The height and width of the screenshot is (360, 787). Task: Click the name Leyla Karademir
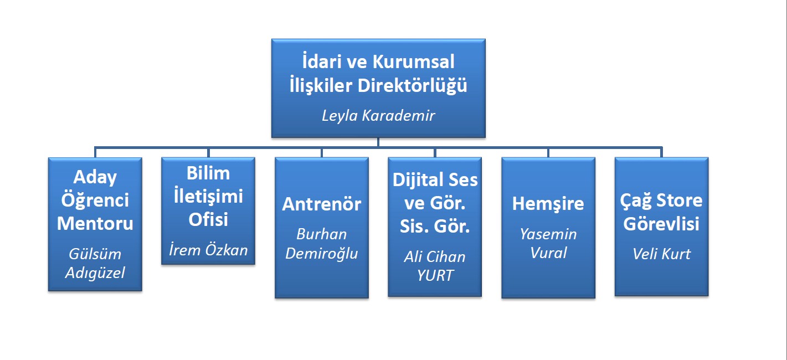[378, 116]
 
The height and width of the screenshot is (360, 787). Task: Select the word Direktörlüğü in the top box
[412, 86]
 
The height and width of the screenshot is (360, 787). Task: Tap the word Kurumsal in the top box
[413, 62]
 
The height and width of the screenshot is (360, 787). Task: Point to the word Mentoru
[95, 223]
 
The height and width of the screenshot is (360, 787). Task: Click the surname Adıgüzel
[95, 273]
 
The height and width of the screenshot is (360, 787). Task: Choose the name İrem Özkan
[208, 250]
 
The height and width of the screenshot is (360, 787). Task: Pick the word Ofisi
[208, 219]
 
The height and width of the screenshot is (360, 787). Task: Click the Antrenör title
[321, 204]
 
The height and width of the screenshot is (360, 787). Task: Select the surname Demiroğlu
[321, 254]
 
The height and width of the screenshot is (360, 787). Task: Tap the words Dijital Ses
[435, 180]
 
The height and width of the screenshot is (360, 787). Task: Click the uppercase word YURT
[435, 276]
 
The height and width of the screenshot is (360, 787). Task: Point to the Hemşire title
[548, 204]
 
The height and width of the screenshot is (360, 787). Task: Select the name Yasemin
[548, 234]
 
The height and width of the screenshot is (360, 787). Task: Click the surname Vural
[548, 253]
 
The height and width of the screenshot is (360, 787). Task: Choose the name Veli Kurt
[661, 254]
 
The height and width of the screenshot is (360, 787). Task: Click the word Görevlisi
[661, 224]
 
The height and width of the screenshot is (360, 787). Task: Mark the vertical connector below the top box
[378, 142]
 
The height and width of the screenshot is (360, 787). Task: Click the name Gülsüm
[95, 254]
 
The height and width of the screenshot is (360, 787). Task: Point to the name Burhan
[321, 234]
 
